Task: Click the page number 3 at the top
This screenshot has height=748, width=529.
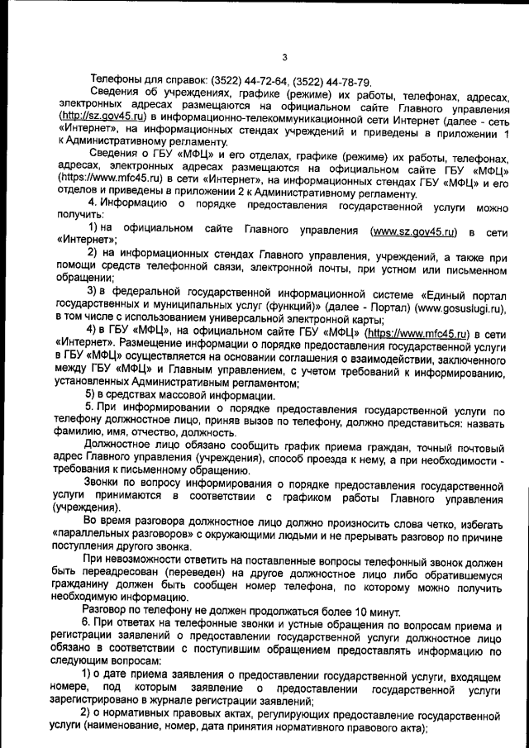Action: pyautogui.click(x=284, y=57)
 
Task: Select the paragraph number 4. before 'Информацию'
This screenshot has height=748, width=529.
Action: pyautogui.click(x=93, y=202)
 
